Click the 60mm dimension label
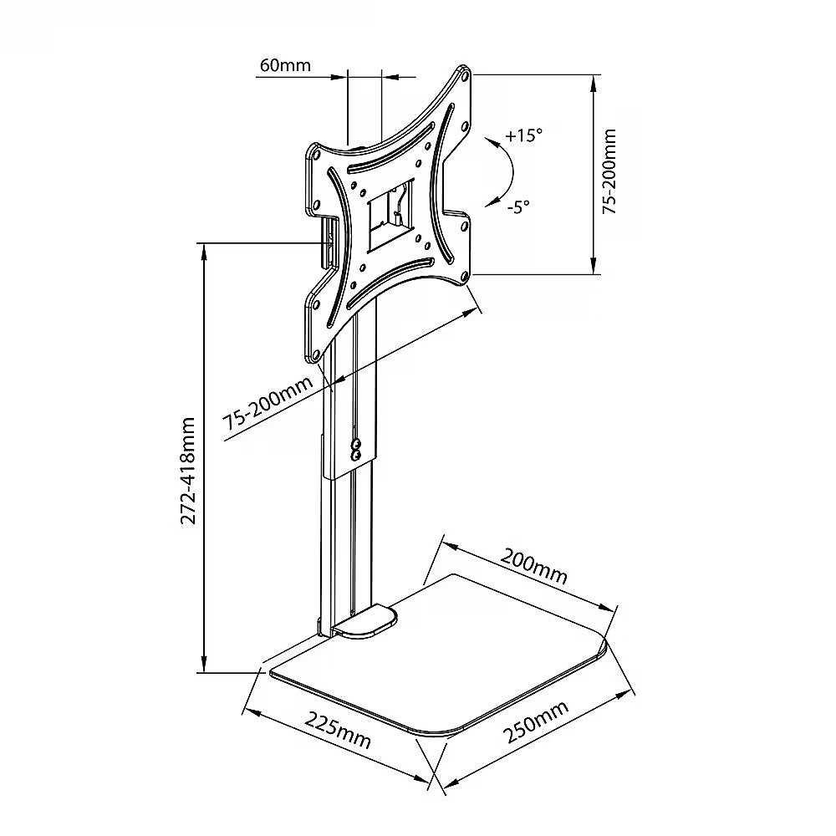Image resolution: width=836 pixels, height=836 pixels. click(285, 65)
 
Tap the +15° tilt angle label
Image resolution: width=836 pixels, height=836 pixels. click(523, 135)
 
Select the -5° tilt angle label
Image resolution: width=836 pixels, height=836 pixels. click(518, 206)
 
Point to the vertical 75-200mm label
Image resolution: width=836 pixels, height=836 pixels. click(609, 171)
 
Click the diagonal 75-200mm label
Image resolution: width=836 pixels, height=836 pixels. click(268, 404)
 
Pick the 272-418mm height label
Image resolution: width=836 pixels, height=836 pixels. click(188, 471)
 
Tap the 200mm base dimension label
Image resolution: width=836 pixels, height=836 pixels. click(534, 566)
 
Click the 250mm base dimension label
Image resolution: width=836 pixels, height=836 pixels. click(536, 722)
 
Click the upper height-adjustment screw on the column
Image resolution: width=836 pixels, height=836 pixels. click(357, 443)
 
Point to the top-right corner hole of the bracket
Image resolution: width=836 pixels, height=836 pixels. click(464, 76)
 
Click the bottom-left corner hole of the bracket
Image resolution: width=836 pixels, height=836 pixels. click(315, 354)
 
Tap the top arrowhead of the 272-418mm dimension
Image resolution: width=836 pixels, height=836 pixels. click(202, 252)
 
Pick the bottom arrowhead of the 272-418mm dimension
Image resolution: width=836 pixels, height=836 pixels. click(202, 665)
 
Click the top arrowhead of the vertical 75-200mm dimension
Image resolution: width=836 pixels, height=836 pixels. click(594, 83)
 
